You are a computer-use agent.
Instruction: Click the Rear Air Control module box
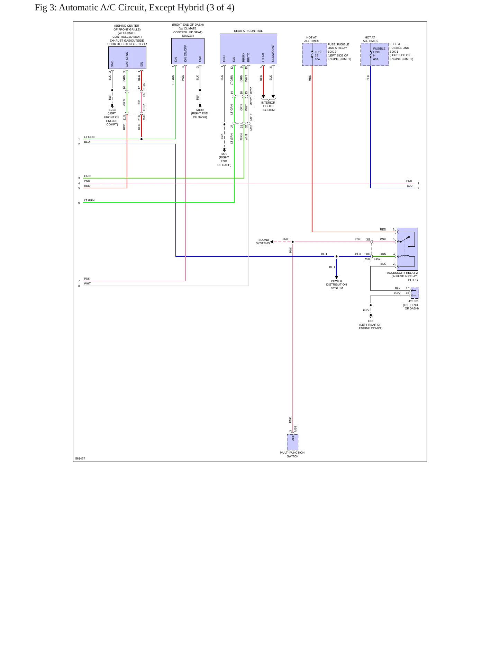(x=248, y=49)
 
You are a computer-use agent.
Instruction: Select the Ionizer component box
(x=188, y=51)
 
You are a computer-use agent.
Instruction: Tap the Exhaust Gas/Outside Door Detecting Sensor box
(x=127, y=58)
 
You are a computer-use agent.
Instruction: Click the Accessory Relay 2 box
(x=407, y=249)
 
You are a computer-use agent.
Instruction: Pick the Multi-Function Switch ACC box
(x=293, y=442)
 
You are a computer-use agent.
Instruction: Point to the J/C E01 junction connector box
(x=415, y=293)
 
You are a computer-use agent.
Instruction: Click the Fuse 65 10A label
(x=318, y=55)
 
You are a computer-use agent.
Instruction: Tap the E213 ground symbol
(x=112, y=105)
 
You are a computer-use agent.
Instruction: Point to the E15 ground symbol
(x=371, y=316)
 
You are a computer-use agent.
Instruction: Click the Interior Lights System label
(x=268, y=106)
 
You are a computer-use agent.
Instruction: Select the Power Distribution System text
(x=336, y=284)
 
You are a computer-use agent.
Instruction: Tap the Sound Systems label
(x=263, y=242)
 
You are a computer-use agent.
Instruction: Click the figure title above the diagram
(x=135, y=8)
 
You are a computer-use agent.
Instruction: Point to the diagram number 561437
(x=80, y=458)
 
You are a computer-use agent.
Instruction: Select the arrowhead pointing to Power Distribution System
(x=336, y=277)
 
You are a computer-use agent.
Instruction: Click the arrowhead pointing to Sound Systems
(x=272, y=242)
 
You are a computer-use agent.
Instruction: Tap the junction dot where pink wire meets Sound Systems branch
(x=293, y=242)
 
